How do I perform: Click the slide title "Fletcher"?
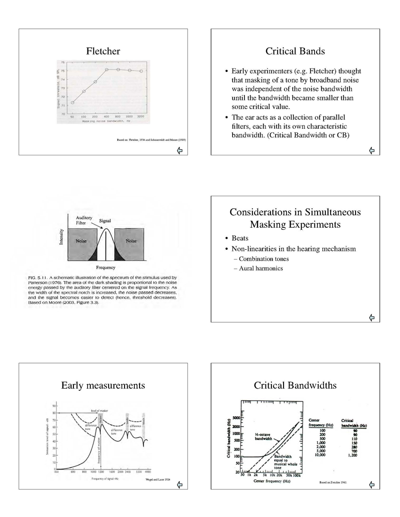[x=103, y=51]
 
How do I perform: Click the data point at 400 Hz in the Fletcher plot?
[x=107, y=70]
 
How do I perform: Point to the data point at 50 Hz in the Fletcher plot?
[x=73, y=102]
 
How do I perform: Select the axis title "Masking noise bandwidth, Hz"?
[x=107, y=121]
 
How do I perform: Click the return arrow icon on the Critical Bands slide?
[x=371, y=149]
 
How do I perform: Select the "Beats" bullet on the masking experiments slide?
[x=240, y=238]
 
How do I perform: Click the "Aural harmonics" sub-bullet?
[x=260, y=269]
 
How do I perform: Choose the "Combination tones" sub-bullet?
[x=264, y=259]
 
